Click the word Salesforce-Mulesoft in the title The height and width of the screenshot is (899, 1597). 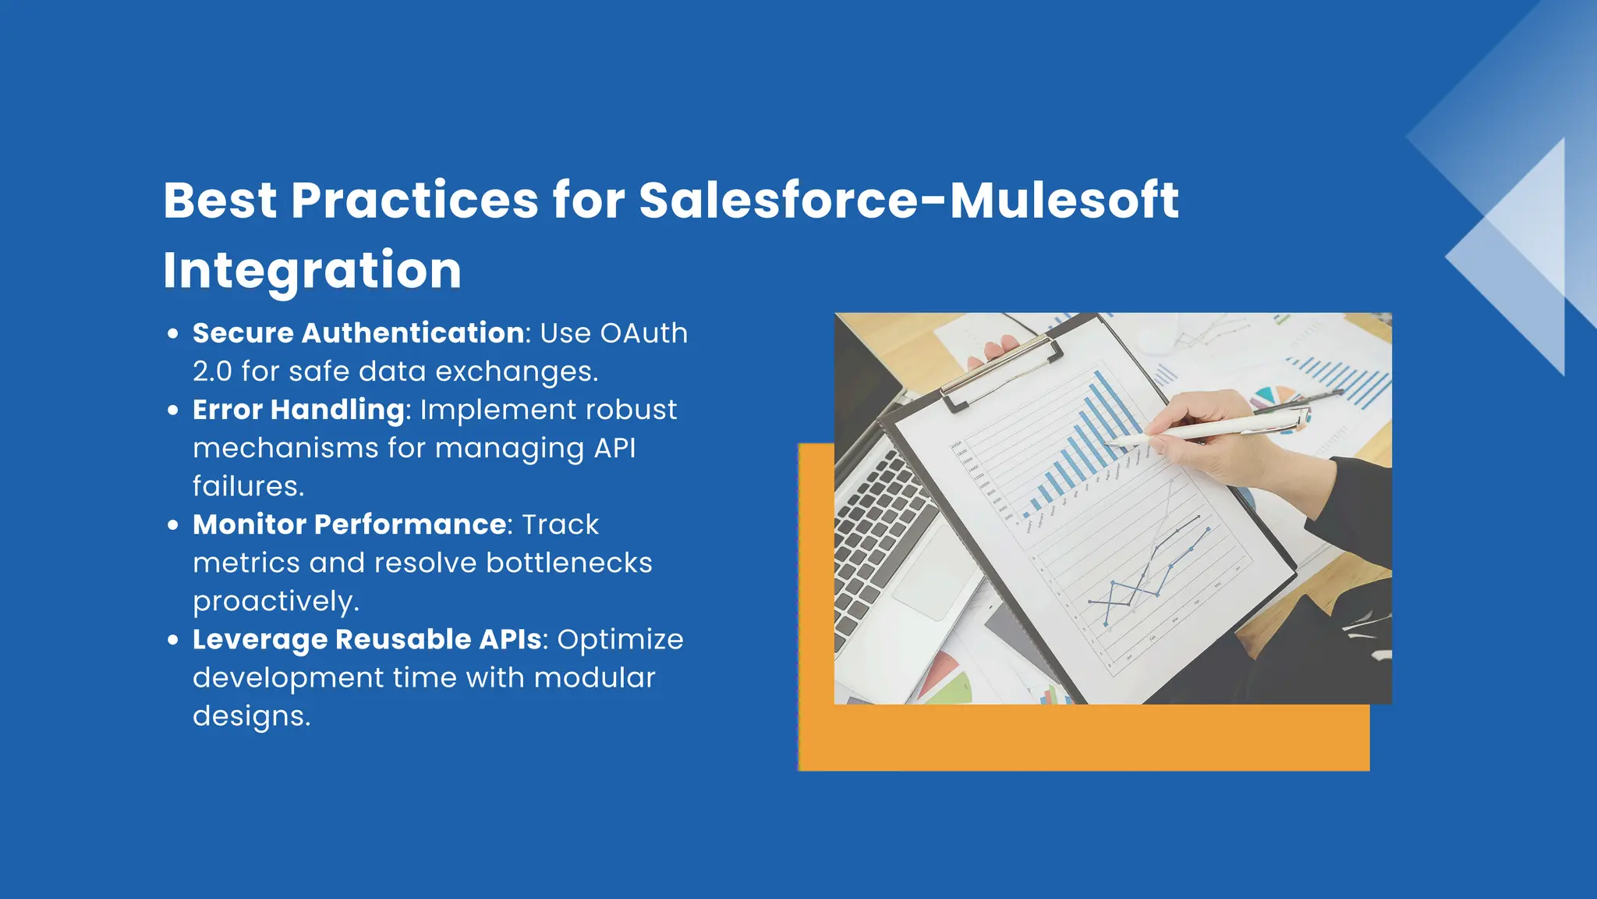tap(908, 201)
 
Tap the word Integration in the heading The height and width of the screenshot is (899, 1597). tap(312, 270)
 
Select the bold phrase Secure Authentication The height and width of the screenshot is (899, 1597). tap(358, 333)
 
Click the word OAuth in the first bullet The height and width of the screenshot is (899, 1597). tap(643, 333)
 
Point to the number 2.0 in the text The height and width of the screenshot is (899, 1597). tap(212, 371)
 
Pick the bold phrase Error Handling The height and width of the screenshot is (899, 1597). tap(299, 410)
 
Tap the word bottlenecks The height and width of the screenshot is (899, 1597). tap(568, 563)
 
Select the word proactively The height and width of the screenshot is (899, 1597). tap(275, 601)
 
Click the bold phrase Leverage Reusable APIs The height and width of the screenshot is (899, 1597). tap(367, 639)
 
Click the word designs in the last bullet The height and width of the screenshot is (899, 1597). tap(251, 716)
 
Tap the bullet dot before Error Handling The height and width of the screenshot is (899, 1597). tap(173, 410)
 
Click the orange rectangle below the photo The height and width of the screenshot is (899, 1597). tap(1084, 737)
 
